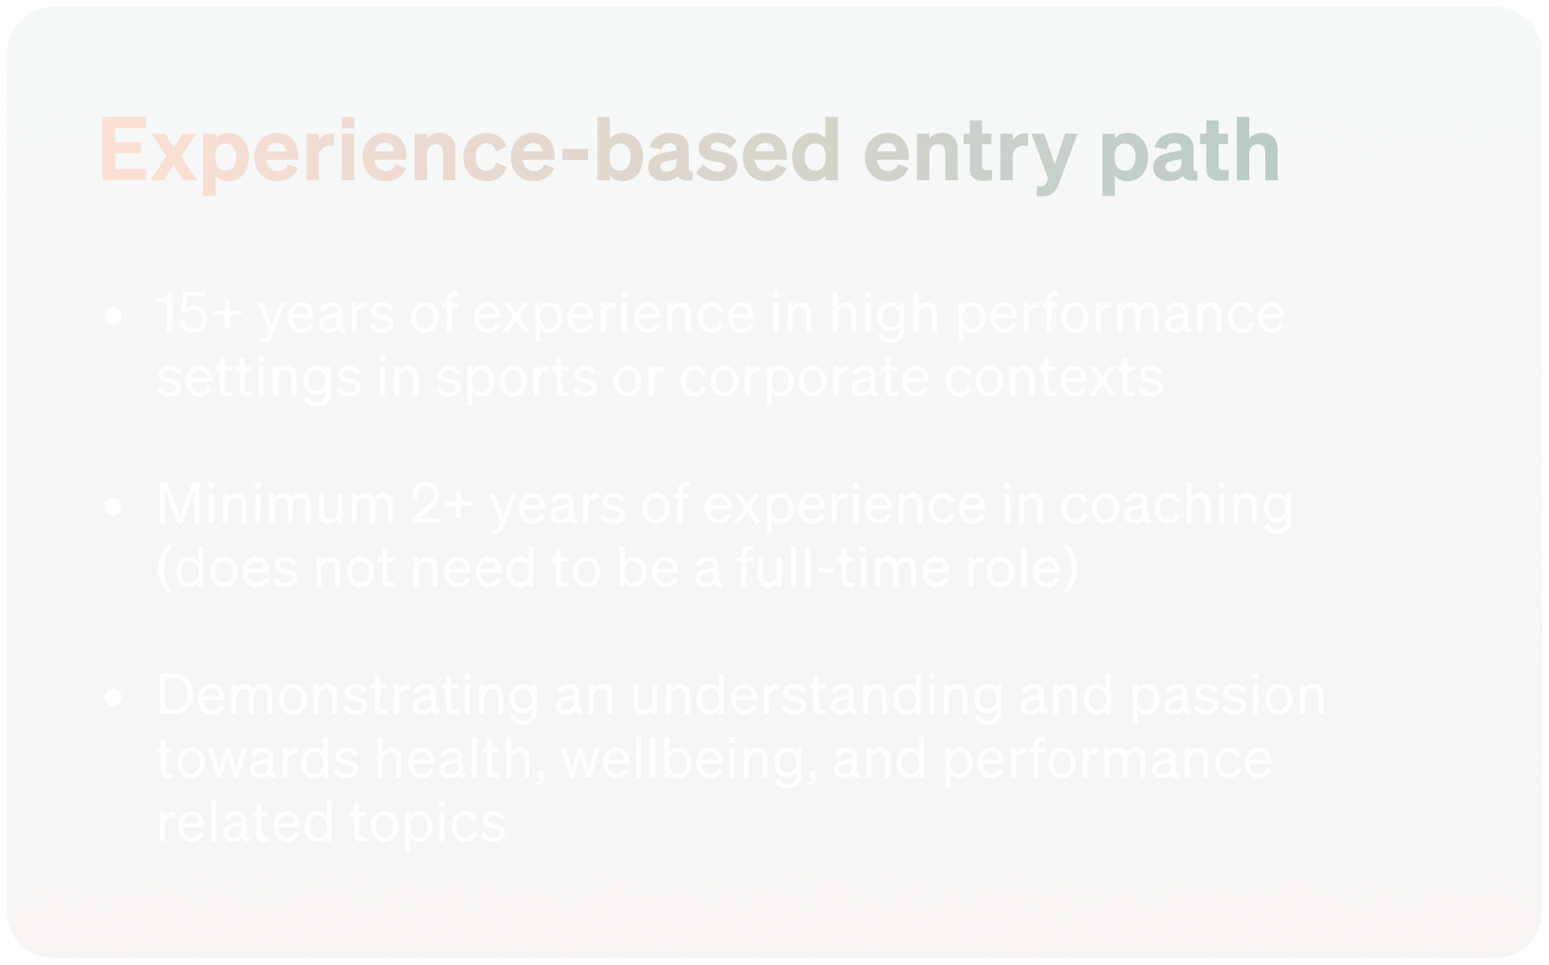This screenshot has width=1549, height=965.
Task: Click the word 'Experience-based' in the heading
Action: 469,152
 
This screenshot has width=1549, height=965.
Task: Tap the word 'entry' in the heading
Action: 970,155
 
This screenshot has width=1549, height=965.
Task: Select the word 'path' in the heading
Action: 1190,152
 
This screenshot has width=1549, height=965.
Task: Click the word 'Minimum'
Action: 276,504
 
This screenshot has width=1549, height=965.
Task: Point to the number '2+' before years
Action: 443,504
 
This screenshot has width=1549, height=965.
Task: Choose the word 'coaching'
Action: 1176,507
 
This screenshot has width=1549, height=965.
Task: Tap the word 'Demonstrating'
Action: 348,696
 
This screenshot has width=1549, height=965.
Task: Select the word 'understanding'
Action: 817,696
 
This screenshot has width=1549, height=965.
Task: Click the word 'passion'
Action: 1227,698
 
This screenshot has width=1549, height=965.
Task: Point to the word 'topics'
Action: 428,824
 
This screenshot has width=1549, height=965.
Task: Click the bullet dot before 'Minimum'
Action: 113,506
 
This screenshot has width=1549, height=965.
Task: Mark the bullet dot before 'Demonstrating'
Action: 113,697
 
